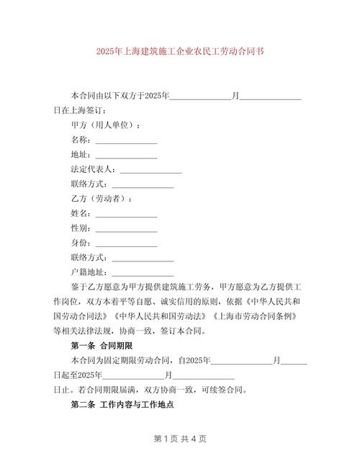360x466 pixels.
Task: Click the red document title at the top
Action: [x=179, y=53]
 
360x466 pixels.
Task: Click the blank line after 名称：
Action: [x=126, y=140]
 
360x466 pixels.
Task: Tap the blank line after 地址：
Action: [x=126, y=156]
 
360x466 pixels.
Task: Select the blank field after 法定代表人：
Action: [x=150, y=171]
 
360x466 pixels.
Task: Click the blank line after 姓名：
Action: [x=126, y=215]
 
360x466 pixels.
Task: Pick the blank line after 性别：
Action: [x=126, y=230]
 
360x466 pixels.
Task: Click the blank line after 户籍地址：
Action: [x=143, y=274]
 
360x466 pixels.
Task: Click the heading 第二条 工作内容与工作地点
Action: [x=122, y=406]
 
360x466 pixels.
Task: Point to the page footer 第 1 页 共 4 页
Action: [x=180, y=439]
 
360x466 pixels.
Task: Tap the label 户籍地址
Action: [x=87, y=274]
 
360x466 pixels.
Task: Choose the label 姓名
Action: [x=79, y=215]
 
